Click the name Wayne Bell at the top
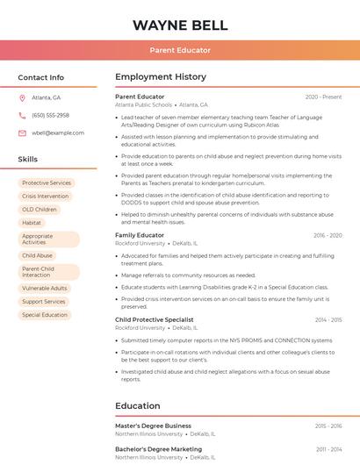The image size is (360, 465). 179,25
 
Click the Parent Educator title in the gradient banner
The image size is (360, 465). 179,50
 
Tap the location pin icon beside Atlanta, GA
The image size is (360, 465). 22,97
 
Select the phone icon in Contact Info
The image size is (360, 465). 22,115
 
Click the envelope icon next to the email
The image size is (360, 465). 22,132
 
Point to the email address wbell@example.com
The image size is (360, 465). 58,132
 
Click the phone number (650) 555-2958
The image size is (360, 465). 50,115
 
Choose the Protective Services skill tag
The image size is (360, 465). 47,182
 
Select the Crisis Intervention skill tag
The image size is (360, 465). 45,197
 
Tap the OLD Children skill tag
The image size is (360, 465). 40,210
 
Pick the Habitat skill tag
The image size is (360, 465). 32,223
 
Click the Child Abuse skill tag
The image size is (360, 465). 37,255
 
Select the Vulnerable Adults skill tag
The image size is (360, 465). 45,288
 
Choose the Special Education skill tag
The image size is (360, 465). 45,314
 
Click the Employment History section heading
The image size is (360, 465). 161,77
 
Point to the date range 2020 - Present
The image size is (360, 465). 323,97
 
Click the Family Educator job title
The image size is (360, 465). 140,235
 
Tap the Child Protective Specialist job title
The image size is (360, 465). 155,319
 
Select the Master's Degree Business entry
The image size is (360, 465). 153,426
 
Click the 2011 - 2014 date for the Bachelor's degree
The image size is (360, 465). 329,449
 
